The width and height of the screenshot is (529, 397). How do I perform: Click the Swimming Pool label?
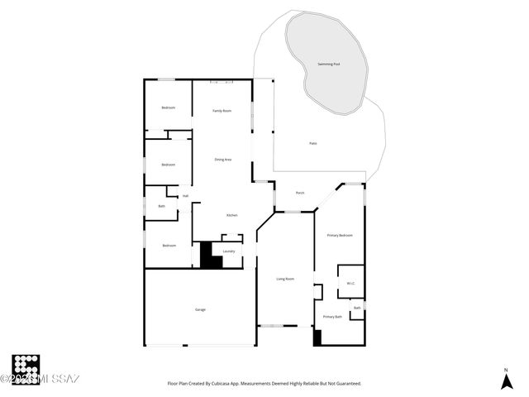[328, 64]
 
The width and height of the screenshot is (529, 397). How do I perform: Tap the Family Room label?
[222, 110]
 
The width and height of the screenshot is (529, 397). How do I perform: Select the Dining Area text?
[222, 159]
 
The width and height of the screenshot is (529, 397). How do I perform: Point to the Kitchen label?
[232, 215]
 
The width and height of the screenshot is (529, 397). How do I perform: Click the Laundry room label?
[229, 251]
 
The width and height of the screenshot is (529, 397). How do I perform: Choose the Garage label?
[200, 309]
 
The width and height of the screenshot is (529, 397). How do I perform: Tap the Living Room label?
[284, 279]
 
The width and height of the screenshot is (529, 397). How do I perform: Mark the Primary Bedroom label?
[339, 236]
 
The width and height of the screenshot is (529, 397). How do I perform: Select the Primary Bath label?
[332, 317]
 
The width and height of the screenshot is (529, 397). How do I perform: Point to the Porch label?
[300, 193]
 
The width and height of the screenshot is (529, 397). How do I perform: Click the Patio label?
[313, 143]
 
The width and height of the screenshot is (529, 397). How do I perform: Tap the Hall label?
[185, 196]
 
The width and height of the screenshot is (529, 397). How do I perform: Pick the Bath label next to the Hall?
[161, 206]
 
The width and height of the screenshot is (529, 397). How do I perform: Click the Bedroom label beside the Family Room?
[168, 108]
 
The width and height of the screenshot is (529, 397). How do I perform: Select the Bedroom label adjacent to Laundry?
[169, 245]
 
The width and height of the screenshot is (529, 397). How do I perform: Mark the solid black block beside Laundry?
[210, 256]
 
